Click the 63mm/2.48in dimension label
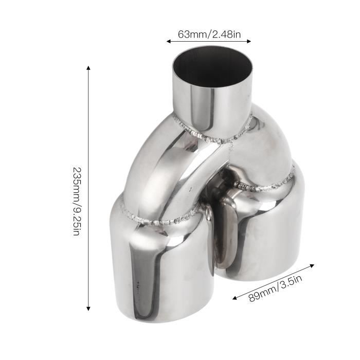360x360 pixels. click(x=208, y=34)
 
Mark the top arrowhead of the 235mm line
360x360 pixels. click(x=88, y=68)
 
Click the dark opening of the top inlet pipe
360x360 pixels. click(x=212, y=69)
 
